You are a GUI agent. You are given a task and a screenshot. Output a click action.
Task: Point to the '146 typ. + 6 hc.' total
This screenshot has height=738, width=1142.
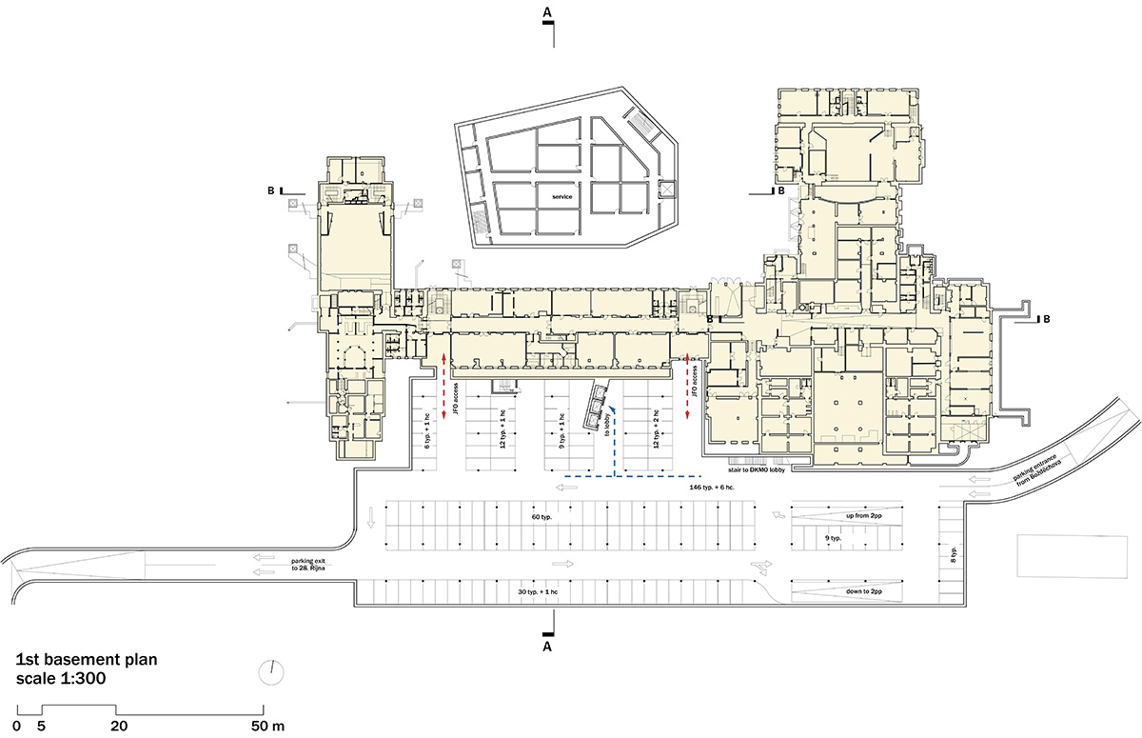[726, 487]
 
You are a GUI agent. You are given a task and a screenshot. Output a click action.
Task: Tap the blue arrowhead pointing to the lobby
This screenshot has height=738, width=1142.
[615, 407]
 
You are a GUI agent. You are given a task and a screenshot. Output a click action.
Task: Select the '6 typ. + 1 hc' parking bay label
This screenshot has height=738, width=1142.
[427, 431]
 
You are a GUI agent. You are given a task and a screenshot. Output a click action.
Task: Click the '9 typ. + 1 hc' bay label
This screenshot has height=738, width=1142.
[561, 431]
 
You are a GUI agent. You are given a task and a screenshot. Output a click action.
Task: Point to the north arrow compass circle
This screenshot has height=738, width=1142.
[271, 670]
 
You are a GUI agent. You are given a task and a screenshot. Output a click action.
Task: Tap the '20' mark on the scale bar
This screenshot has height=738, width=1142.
[119, 726]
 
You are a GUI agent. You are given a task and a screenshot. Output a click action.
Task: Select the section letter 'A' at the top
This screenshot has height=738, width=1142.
[547, 11]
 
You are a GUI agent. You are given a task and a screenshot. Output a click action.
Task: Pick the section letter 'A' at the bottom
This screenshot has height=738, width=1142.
[547, 648]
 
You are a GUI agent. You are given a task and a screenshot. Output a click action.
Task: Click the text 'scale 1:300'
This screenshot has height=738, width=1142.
[60, 678]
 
